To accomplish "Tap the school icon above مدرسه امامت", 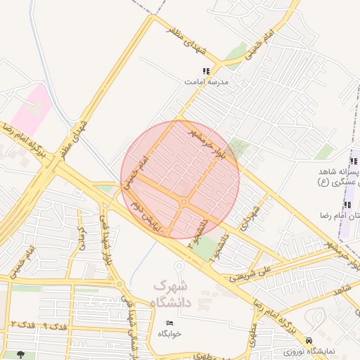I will (205, 71).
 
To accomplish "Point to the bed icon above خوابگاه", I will (168, 323).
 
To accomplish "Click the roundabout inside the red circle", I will (184, 202).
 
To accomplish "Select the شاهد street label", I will (342, 289).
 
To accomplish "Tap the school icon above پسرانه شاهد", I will (347, 161).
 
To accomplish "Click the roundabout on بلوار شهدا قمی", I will (120, 285).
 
